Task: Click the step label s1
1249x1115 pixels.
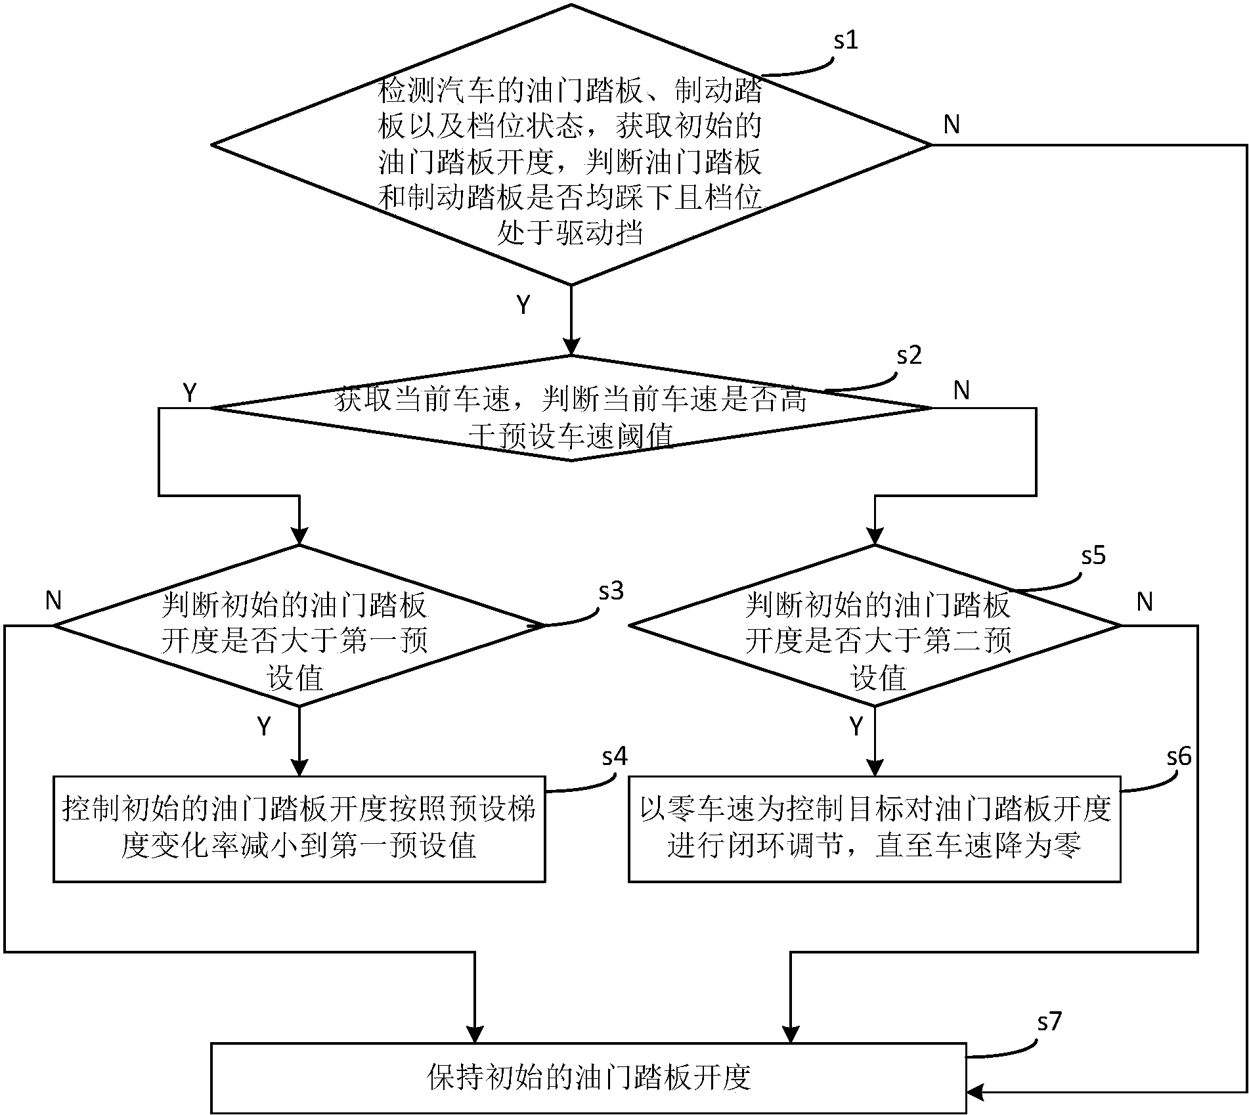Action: pyautogui.click(x=846, y=41)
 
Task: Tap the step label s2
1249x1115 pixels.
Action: pyautogui.click(x=909, y=355)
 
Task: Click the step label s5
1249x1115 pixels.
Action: pyautogui.click(x=1093, y=556)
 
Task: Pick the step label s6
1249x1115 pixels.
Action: pyautogui.click(x=1179, y=757)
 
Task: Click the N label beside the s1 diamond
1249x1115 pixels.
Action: pyautogui.click(x=952, y=125)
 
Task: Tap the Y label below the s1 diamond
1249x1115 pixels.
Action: pyautogui.click(x=523, y=305)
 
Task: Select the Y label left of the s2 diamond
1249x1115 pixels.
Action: pyautogui.click(x=190, y=393)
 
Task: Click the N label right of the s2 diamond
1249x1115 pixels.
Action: pyautogui.click(x=961, y=391)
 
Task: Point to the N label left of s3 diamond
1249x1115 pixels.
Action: pyautogui.click(x=54, y=600)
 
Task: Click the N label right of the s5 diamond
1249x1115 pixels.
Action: pyautogui.click(x=1145, y=601)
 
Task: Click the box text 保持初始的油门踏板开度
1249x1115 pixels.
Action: pyautogui.click(x=588, y=1078)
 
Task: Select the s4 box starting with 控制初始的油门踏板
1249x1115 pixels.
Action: pyautogui.click(x=299, y=829)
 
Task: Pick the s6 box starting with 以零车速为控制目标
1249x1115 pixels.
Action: pyautogui.click(x=874, y=829)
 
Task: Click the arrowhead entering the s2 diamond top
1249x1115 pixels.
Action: pyautogui.click(x=572, y=346)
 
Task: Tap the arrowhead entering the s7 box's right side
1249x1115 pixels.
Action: pyautogui.click(x=975, y=1092)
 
